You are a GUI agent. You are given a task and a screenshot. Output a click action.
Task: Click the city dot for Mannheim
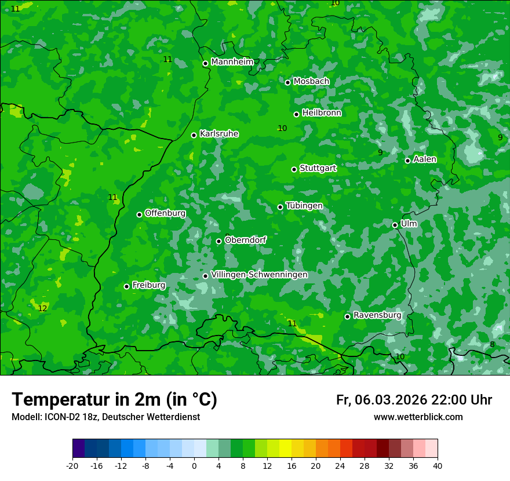click(x=205, y=64)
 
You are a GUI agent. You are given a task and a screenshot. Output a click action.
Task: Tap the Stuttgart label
click(x=318, y=168)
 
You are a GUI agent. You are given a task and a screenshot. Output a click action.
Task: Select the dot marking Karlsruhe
click(x=194, y=135)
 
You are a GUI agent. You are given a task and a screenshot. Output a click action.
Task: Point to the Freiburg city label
click(x=148, y=285)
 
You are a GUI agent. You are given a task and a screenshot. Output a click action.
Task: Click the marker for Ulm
click(x=395, y=225)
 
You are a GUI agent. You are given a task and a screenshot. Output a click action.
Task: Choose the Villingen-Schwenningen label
click(x=259, y=275)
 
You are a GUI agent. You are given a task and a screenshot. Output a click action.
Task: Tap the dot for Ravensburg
click(x=348, y=316)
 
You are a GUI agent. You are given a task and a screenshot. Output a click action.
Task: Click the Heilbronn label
click(x=322, y=113)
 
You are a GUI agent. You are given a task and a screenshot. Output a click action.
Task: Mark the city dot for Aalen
click(x=408, y=161)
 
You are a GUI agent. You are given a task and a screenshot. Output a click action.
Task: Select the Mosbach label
click(x=311, y=82)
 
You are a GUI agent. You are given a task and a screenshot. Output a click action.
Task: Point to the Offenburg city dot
click(x=139, y=214)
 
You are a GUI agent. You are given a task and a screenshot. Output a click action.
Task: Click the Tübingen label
click(x=304, y=206)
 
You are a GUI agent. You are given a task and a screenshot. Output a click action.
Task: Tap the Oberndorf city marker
click(x=218, y=241)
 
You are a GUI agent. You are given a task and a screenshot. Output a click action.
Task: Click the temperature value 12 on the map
click(x=42, y=308)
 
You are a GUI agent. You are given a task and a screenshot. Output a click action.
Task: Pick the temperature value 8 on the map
click(x=492, y=344)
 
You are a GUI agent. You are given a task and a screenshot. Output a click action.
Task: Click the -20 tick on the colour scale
click(x=72, y=465)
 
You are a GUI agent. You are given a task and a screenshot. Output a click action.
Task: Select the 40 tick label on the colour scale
click(x=438, y=465)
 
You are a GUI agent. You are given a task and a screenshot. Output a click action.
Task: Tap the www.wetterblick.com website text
click(x=418, y=417)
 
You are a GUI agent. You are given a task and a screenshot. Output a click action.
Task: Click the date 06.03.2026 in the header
click(x=391, y=400)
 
